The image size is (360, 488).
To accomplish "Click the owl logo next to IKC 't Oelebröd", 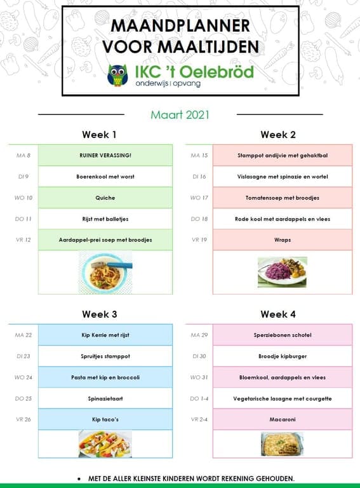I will coord(117,75).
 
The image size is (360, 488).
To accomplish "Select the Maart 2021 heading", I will coord(180,115).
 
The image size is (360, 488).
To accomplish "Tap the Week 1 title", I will coord(99,135).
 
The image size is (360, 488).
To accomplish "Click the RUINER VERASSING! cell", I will coord(105,155).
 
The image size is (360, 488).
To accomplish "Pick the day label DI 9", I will coord(23,177).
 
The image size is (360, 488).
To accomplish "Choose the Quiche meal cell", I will coord(105,198).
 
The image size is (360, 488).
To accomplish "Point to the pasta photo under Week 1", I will coord(105,271).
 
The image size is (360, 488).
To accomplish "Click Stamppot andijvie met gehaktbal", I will coord(283,155).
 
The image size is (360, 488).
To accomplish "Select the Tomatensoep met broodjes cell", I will coord(283,198).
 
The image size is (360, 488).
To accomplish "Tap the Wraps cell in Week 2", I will coord(283,240).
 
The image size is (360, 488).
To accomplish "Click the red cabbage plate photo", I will coord(282,272).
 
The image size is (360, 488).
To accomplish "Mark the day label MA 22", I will coord(23,335).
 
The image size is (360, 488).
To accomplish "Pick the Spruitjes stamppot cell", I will coord(105,356).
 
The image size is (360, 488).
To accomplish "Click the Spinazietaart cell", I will coord(105,398).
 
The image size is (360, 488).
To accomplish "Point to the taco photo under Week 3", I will coord(105,444).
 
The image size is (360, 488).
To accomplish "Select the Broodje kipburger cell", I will coord(283,356).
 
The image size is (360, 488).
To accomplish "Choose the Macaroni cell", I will coord(283,419).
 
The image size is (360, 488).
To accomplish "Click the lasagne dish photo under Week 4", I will coord(282,444).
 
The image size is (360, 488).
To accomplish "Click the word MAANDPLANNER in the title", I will coord(180,25).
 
